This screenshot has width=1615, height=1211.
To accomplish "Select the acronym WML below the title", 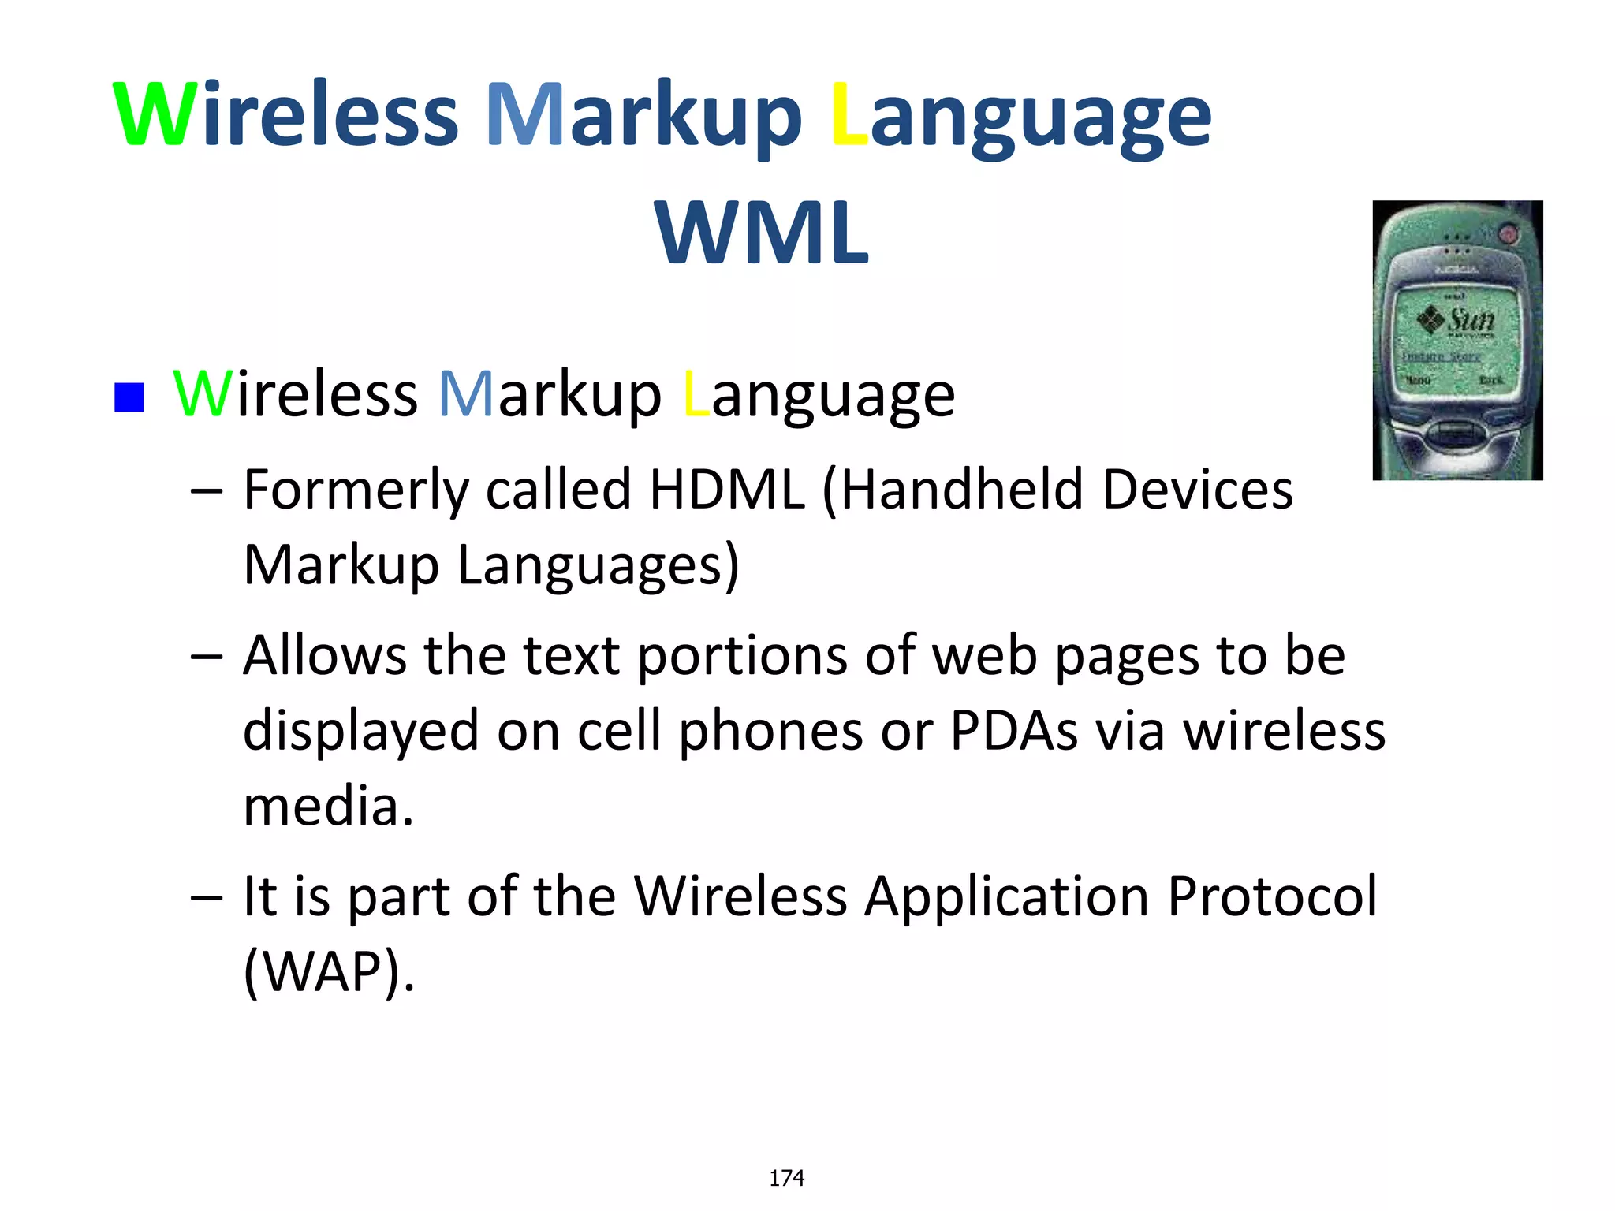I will (762, 233).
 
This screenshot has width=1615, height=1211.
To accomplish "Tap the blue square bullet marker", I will (129, 397).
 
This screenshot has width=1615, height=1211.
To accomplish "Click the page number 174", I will (786, 1178).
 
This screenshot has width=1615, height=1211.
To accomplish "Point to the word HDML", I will (726, 490).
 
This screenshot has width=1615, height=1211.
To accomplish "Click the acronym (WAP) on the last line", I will (328, 971).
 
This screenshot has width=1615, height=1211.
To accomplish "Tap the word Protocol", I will (1272, 896).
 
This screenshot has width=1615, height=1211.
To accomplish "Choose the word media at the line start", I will (328, 807).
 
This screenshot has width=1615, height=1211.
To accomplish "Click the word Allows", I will (324, 655).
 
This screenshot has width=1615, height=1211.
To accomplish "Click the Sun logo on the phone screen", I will (1456, 320).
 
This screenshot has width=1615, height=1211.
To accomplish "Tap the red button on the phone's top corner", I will (1508, 233).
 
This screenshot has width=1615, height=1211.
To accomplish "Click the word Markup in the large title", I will (643, 117).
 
